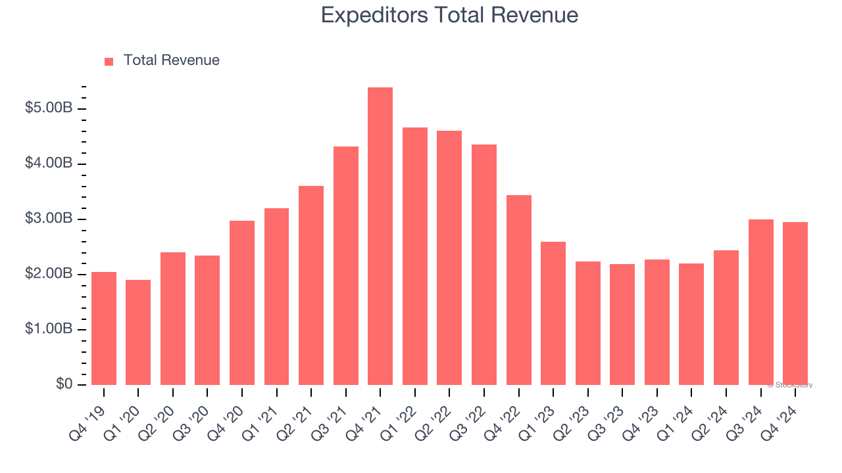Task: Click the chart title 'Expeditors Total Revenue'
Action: [x=449, y=15]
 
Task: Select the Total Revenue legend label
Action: [x=171, y=60]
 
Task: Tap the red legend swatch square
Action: [x=109, y=61]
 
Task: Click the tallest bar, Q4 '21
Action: [x=380, y=236]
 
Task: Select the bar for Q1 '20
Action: [x=138, y=332]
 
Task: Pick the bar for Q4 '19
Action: [x=104, y=328]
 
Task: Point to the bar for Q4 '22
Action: [x=518, y=290]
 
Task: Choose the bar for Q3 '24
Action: [x=760, y=302]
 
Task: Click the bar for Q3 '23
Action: [x=622, y=325]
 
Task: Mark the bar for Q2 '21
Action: [x=311, y=285]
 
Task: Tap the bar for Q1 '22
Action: [x=414, y=256]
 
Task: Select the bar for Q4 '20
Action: [x=242, y=303]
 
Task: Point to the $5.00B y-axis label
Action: [x=48, y=108]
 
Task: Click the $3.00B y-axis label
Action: [x=48, y=218]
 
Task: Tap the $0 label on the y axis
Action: [x=64, y=384]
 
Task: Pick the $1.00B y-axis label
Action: [x=48, y=329]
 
